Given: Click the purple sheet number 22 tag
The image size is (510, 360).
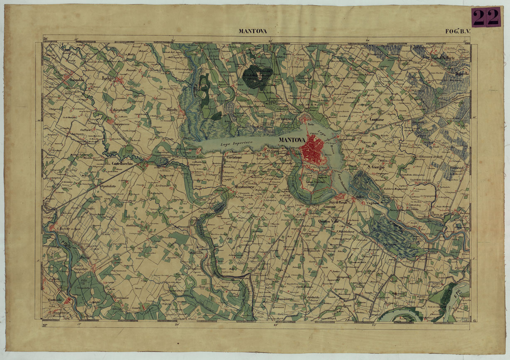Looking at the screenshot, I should coord(486,17).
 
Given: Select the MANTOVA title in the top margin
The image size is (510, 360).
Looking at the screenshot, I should coord(253,31).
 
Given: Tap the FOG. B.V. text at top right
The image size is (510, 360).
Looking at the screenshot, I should coord(460,31).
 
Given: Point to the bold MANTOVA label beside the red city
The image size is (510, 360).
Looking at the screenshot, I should coord(292,140).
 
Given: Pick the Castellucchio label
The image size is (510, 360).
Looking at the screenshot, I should coord(122,164).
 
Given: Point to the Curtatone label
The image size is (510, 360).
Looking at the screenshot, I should coord(234,158).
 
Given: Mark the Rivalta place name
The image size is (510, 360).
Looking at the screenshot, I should coord(172,110).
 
